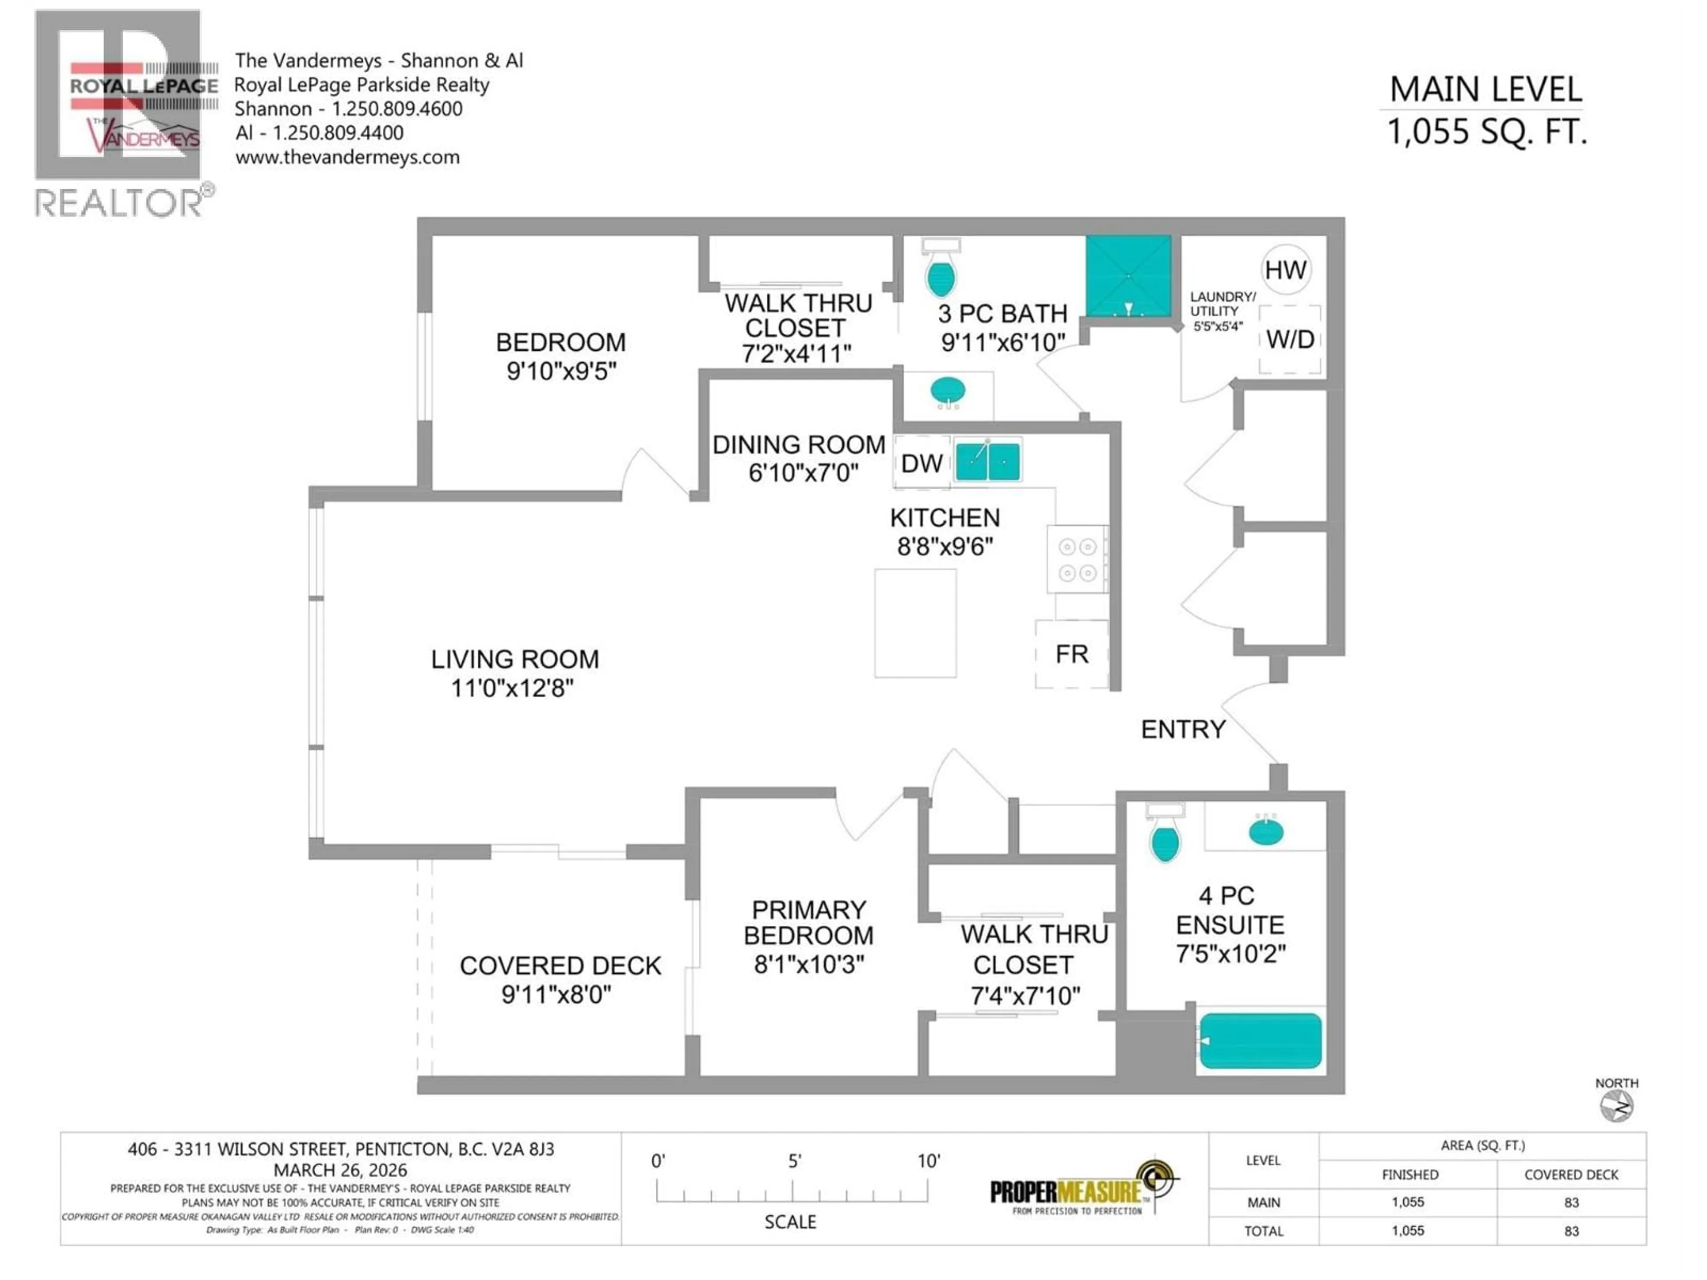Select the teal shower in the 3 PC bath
1128,276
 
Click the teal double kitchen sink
988,461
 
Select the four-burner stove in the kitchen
1077,560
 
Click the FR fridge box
1071,654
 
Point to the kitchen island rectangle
915,624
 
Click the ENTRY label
1182,729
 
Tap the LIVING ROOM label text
515,659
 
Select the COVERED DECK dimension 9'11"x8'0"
557,995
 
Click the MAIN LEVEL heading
1486,89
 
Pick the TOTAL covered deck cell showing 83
1571,1231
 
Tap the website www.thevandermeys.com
347,157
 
